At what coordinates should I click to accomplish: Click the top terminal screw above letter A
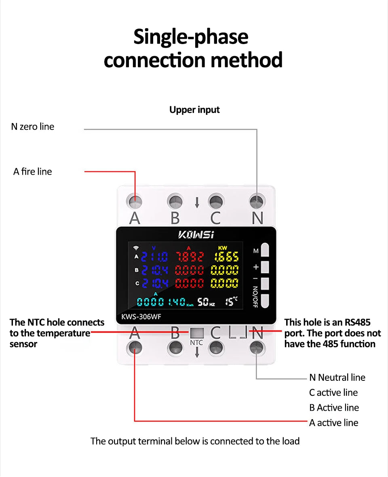click(x=135, y=201)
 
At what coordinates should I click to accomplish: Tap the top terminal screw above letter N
click(x=257, y=201)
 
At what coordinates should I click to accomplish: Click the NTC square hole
click(x=197, y=333)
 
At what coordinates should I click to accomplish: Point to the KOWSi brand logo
click(x=196, y=234)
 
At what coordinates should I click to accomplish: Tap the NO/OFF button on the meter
click(x=265, y=301)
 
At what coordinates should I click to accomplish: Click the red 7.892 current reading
click(x=189, y=256)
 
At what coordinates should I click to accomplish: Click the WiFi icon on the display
click(x=136, y=248)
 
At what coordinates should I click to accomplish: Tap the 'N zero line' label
click(x=32, y=127)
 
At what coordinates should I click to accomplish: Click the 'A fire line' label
click(x=32, y=171)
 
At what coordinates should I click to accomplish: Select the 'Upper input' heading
click(x=194, y=110)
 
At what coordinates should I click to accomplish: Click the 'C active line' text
click(x=333, y=393)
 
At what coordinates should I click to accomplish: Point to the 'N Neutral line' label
click(x=337, y=378)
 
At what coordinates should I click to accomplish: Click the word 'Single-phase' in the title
click(x=191, y=37)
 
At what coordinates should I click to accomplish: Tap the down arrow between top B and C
click(x=197, y=203)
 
